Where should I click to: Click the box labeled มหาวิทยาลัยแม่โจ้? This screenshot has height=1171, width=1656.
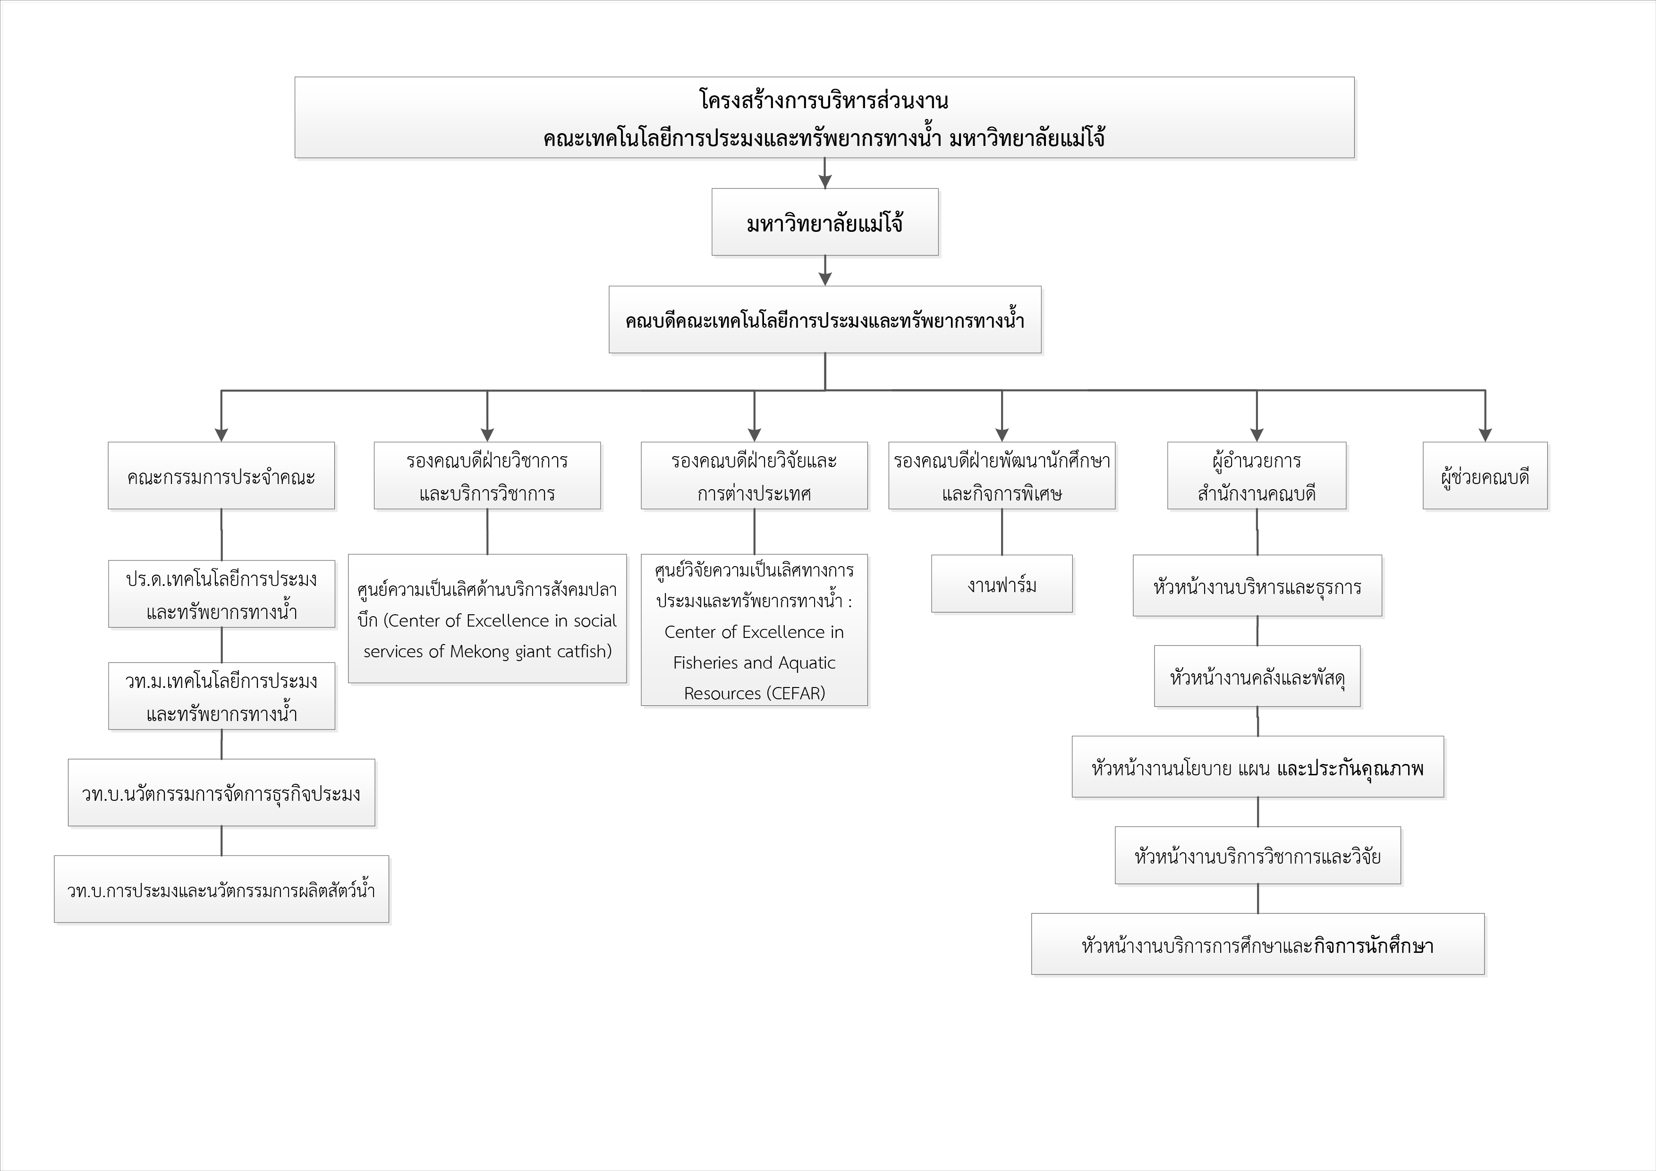coord(825,222)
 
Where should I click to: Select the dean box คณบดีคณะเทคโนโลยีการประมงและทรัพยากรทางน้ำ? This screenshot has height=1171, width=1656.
coord(825,320)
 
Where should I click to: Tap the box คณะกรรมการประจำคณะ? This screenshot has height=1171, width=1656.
coord(221,476)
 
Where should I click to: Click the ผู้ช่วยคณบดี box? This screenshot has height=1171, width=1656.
coord(1485,476)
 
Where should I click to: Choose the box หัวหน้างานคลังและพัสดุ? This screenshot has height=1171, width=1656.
coord(1257,676)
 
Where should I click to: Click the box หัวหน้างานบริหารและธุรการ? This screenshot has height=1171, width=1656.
coord(1257,585)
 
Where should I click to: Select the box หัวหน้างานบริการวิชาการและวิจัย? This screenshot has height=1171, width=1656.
coord(1258,855)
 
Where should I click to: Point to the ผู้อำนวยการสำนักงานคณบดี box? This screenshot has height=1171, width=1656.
coord(1257,476)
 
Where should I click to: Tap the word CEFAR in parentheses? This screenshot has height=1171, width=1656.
coord(796,694)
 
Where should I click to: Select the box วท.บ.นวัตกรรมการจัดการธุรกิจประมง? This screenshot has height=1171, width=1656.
coord(221,792)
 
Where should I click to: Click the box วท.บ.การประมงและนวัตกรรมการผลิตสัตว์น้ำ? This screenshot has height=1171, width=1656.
coord(221,889)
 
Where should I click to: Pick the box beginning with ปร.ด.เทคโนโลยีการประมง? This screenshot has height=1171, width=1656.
coord(221,594)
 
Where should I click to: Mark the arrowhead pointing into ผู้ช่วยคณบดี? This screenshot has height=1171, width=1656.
coord(1485,435)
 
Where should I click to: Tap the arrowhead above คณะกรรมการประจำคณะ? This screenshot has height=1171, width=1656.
coord(221,435)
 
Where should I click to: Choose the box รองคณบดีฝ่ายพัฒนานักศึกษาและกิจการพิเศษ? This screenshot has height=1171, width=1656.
coord(1002,476)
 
